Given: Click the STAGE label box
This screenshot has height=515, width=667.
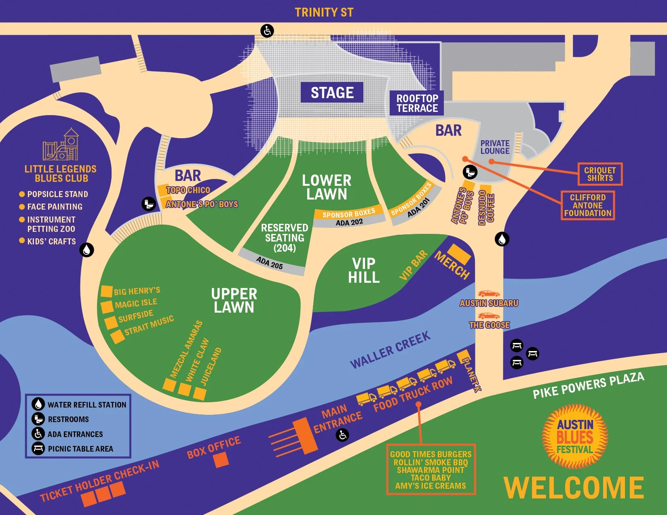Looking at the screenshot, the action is [331, 92].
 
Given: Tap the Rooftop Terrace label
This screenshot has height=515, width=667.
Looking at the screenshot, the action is [417, 103].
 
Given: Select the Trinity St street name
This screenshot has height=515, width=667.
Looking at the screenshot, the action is [324, 13].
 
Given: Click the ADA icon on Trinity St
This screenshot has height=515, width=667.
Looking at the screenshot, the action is [267, 31].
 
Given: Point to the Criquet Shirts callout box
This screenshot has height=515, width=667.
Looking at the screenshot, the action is [600, 174].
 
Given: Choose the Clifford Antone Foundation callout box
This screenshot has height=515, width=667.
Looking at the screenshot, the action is [587, 205].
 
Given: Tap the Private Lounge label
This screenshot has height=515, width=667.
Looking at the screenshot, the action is [495, 147].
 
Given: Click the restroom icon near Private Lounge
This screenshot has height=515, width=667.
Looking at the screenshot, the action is [470, 172].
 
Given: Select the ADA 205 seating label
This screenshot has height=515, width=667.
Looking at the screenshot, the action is [270, 263].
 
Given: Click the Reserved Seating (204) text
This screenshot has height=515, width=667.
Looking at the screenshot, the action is [285, 238].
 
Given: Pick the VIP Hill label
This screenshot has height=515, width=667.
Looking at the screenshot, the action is [364, 270].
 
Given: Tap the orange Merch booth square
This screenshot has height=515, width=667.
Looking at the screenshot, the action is [459, 254].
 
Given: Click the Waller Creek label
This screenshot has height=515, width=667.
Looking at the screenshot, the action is [390, 350].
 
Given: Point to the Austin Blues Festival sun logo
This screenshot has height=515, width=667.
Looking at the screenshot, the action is [575, 436].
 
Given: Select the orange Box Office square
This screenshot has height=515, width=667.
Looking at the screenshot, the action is [221, 460].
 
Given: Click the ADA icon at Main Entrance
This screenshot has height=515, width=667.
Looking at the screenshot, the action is [342, 435].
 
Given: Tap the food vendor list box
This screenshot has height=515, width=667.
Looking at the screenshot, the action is [431, 470].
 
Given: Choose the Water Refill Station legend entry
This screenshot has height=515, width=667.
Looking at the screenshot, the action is [79, 404].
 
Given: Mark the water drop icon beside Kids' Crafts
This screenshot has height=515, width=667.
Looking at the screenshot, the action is [87, 250].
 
